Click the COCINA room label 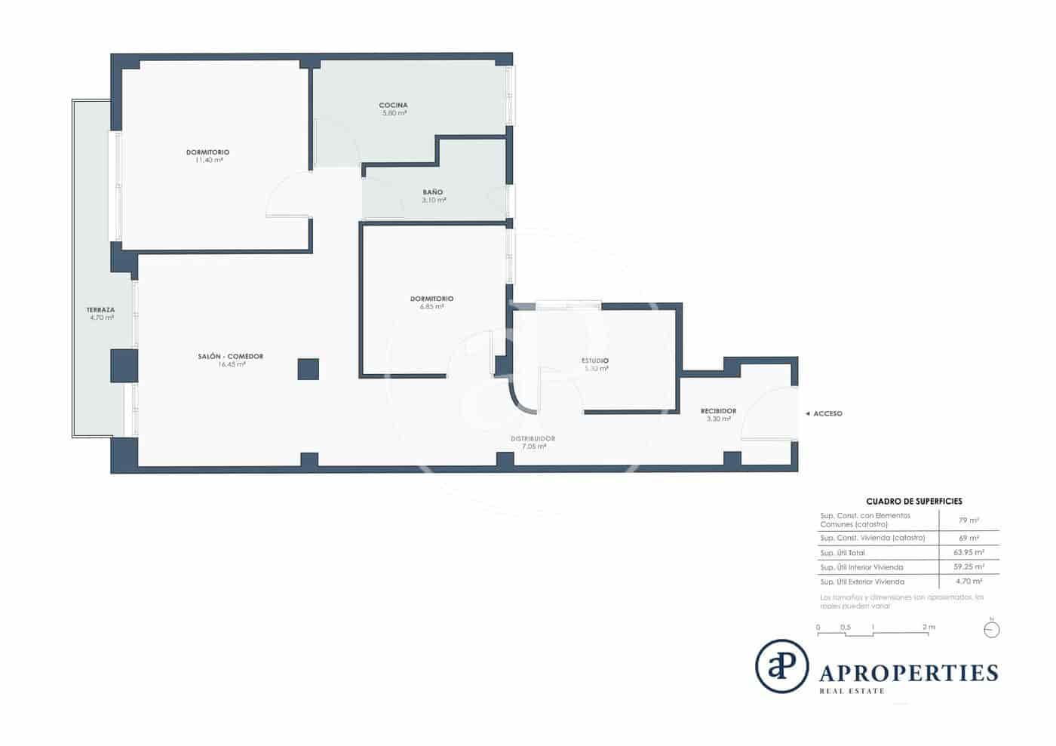tap(393, 105)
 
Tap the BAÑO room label tap(433, 192)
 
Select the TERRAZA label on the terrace tap(100, 310)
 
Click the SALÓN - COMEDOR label tap(231, 356)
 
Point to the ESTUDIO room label tap(595, 361)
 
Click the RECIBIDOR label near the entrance tap(718, 411)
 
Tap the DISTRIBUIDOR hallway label tap(533, 438)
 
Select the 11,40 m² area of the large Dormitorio tap(209, 160)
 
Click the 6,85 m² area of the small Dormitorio tap(432, 307)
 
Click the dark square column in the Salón tap(308, 369)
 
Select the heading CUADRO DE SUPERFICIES tap(913, 501)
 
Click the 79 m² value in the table tap(969, 520)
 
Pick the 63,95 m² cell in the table tap(969, 552)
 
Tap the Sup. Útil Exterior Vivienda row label tap(861, 582)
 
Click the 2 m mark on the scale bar tap(928, 628)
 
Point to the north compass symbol tap(992, 629)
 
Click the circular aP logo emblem tap(781, 666)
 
